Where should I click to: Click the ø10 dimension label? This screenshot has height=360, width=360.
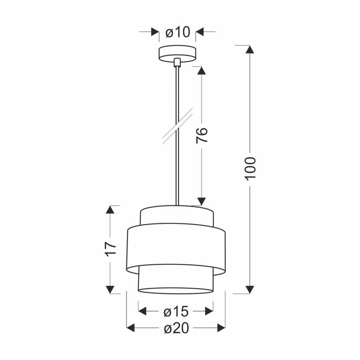click(178, 32)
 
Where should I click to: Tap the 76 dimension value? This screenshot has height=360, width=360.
click(202, 135)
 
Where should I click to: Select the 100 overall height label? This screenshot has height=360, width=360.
click(250, 168)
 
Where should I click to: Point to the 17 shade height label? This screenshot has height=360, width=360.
click(111, 249)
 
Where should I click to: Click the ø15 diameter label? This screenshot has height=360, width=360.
click(176, 311)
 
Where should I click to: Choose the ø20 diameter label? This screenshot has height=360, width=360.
click(177, 328)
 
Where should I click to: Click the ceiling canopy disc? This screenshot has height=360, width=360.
click(177, 54)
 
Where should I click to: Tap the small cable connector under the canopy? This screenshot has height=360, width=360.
click(177, 62)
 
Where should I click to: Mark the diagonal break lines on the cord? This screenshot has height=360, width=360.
click(178, 126)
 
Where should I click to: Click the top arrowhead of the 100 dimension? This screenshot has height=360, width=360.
click(250, 49)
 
